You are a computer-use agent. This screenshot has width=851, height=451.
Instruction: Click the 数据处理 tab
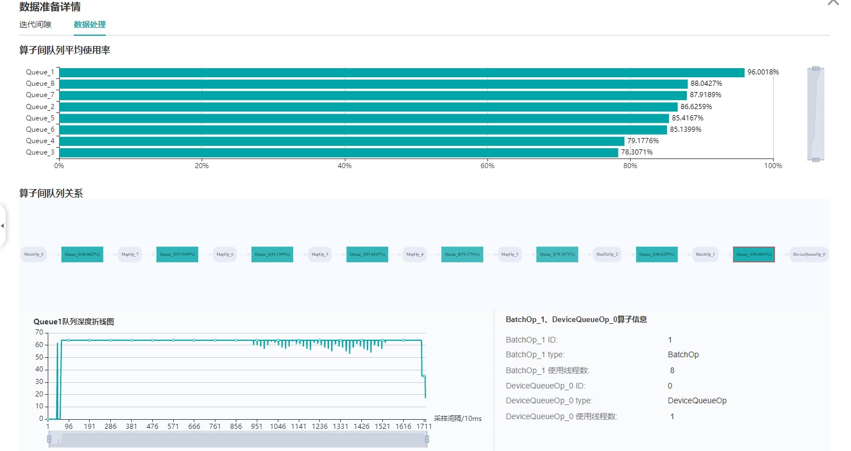89,24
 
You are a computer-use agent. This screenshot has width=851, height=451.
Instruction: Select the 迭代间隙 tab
35,24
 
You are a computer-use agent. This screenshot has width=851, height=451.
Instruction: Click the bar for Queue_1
401,73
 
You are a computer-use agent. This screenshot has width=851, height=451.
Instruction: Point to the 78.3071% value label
636,152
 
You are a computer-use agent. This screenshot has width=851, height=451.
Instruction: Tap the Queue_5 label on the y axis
40,118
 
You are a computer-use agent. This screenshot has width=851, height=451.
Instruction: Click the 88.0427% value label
706,83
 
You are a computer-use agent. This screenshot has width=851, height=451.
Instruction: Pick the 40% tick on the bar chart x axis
344,166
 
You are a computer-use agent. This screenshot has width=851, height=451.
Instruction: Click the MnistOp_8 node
34,254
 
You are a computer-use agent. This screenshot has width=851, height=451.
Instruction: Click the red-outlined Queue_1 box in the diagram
753,254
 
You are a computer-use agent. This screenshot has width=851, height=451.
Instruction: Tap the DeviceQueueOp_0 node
809,254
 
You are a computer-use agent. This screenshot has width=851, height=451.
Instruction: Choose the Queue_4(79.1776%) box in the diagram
462,254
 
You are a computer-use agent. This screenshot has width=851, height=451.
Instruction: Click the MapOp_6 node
225,254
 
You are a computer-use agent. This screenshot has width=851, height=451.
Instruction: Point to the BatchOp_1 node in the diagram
706,254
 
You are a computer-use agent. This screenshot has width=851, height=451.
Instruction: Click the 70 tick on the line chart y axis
39,332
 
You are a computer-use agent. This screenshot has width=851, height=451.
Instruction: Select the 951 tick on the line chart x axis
256,426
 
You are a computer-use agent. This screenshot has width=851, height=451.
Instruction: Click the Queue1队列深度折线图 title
74,321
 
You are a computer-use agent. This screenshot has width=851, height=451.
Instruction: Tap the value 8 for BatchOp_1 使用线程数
672,370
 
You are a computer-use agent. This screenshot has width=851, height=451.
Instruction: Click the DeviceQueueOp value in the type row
697,400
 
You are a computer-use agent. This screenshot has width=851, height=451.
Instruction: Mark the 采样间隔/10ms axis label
457,419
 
